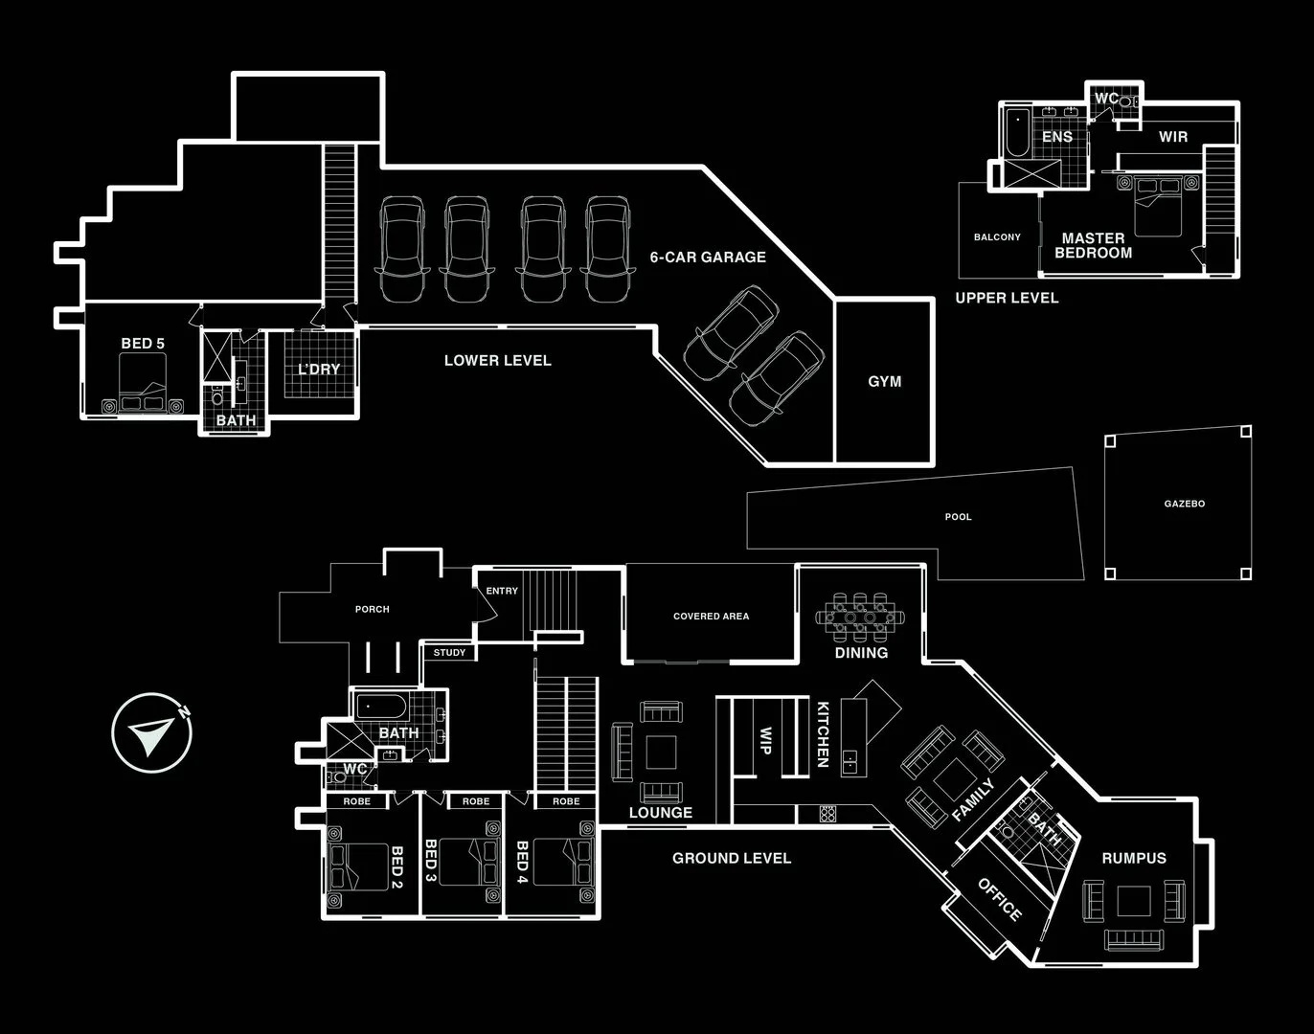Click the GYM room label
click(884, 381)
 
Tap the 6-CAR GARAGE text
click(708, 257)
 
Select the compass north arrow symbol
click(152, 732)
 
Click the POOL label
click(958, 517)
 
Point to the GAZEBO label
click(1185, 504)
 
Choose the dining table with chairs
click(860, 617)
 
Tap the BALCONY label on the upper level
click(997, 236)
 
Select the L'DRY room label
click(319, 370)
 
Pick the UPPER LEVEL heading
click(1007, 298)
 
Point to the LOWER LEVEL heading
click(498, 360)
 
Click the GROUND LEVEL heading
click(732, 858)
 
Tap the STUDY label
click(449, 653)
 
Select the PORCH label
click(373, 609)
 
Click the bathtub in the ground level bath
click(381, 707)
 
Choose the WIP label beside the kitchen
click(765, 740)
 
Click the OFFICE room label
click(1000, 900)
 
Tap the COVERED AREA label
click(712, 617)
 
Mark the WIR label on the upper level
click(1173, 137)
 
